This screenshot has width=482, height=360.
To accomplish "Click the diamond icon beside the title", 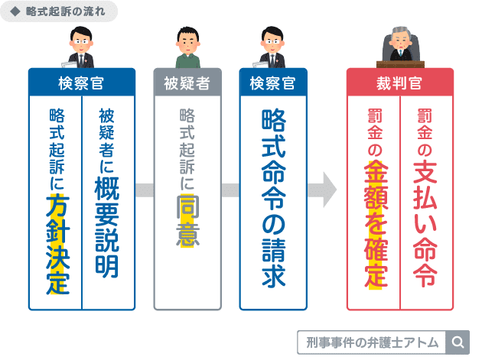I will click(15, 12).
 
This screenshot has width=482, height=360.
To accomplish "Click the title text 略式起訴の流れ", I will click(67, 12).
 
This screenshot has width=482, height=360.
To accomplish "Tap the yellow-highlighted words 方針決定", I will click(57, 244).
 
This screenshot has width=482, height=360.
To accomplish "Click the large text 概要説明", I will click(106, 228).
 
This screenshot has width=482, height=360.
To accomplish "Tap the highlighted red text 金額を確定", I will click(375, 229).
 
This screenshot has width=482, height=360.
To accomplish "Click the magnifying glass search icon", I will click(459, 341).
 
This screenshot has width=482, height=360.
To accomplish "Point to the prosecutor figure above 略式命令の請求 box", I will click(272, 47).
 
